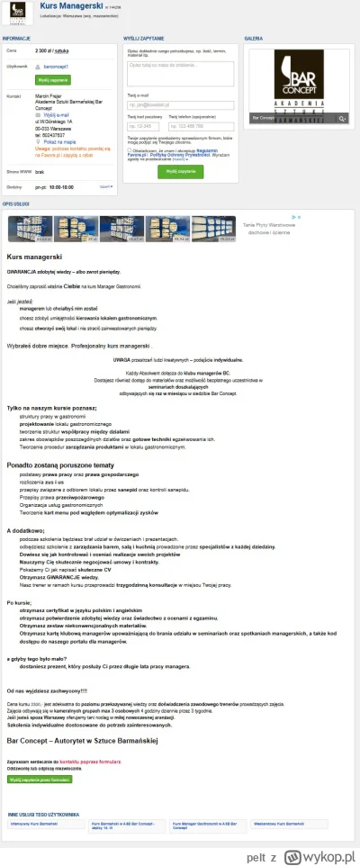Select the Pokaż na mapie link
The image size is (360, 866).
[x=57, y=141]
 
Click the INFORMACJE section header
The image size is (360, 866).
[x=17, y=39]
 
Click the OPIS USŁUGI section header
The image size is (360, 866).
[x=16, y=205]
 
